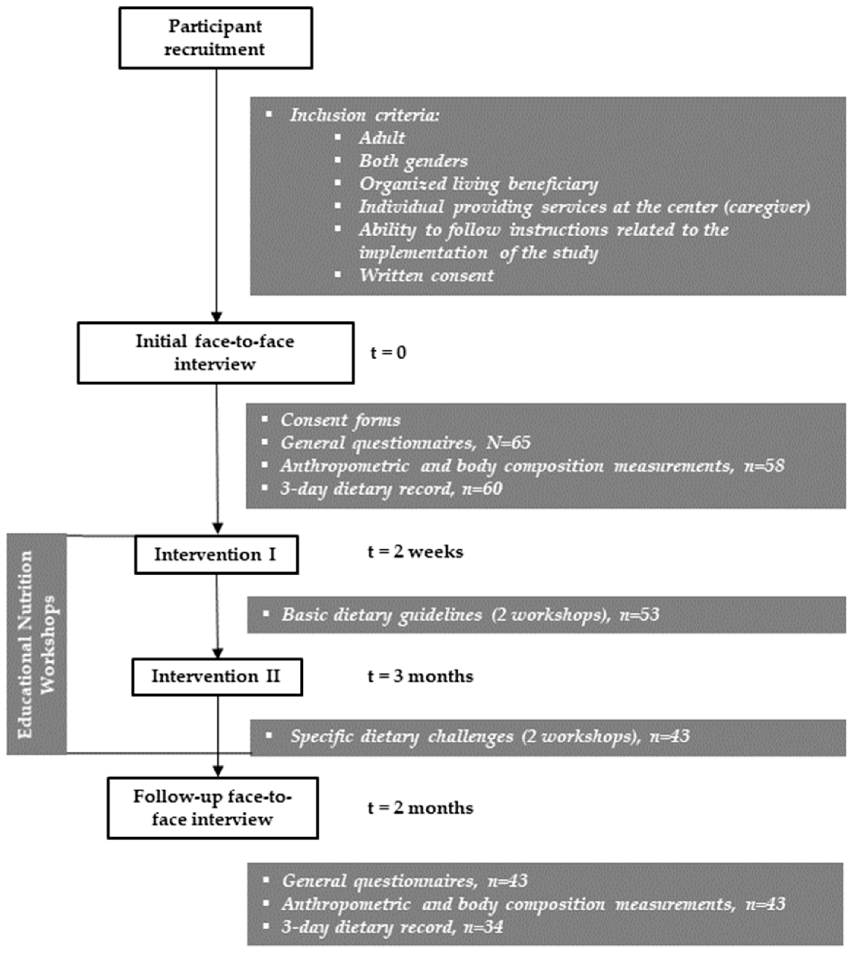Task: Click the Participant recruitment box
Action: point(216,38)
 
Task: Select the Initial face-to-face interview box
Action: point(216,353)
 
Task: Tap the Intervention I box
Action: point(216,555)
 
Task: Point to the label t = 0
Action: point(388,352)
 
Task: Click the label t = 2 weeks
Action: point(415,552)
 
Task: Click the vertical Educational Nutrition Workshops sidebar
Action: point(36,644)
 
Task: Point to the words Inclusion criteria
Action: point(365,115)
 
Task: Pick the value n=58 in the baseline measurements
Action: point(764,466)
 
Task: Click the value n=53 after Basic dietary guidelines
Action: point(639,614)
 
